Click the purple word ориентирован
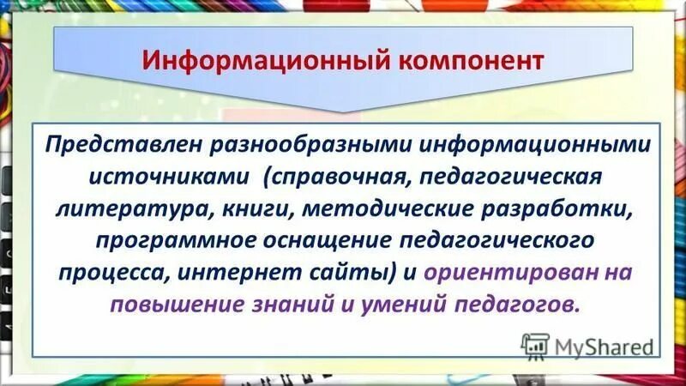coord(502,274)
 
